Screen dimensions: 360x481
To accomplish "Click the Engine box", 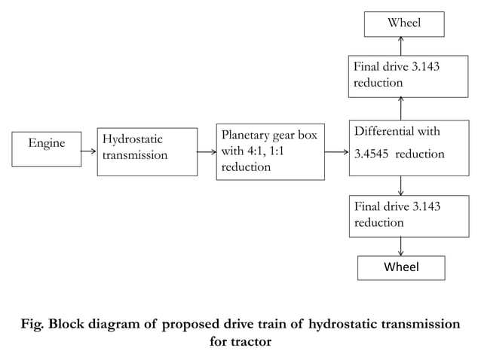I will (x=47, y=148).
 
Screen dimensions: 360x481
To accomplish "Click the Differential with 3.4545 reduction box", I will (x=400, y=147).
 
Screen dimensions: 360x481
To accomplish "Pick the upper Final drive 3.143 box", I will (x=400, y=75).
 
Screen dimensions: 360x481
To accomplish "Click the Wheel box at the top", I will (x=404, y=23).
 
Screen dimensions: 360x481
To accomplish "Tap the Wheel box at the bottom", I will (x=400, y=267).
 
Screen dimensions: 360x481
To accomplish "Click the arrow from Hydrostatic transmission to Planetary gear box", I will (x=204, y=151).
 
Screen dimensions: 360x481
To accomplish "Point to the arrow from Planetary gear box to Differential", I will (x=336, y=151).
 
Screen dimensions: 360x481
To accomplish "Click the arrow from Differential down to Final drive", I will (x=400, y=185).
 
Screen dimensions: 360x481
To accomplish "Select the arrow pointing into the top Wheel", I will (x=400, y=44).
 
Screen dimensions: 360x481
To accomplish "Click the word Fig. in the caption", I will (x=35, y=325).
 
